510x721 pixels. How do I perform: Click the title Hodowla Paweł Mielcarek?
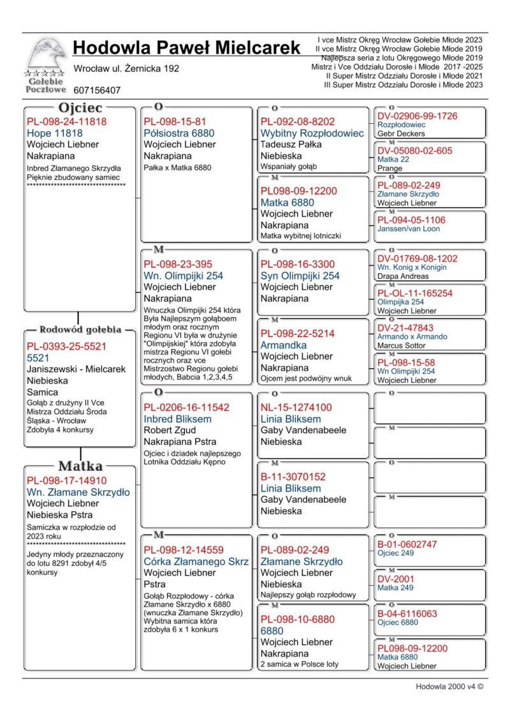click(186, 48)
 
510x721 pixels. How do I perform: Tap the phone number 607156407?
click(97, 91)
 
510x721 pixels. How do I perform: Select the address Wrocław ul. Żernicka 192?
click(126, 68)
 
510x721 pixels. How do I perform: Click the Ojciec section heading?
click(80, 108)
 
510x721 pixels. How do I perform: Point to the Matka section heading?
click(80, 466)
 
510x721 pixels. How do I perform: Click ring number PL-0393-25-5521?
click(66, 346)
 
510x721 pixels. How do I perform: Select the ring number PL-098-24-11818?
click(66, 121)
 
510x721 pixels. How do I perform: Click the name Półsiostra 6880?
click(179, 133)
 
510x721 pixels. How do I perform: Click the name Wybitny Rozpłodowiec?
click(312, 133)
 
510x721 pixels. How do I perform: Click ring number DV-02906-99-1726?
click(418, 116)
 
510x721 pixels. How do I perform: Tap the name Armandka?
click(284, 345)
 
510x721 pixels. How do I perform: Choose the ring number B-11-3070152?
click(293, 477)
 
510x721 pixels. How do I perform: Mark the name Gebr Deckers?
click(400, 134)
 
